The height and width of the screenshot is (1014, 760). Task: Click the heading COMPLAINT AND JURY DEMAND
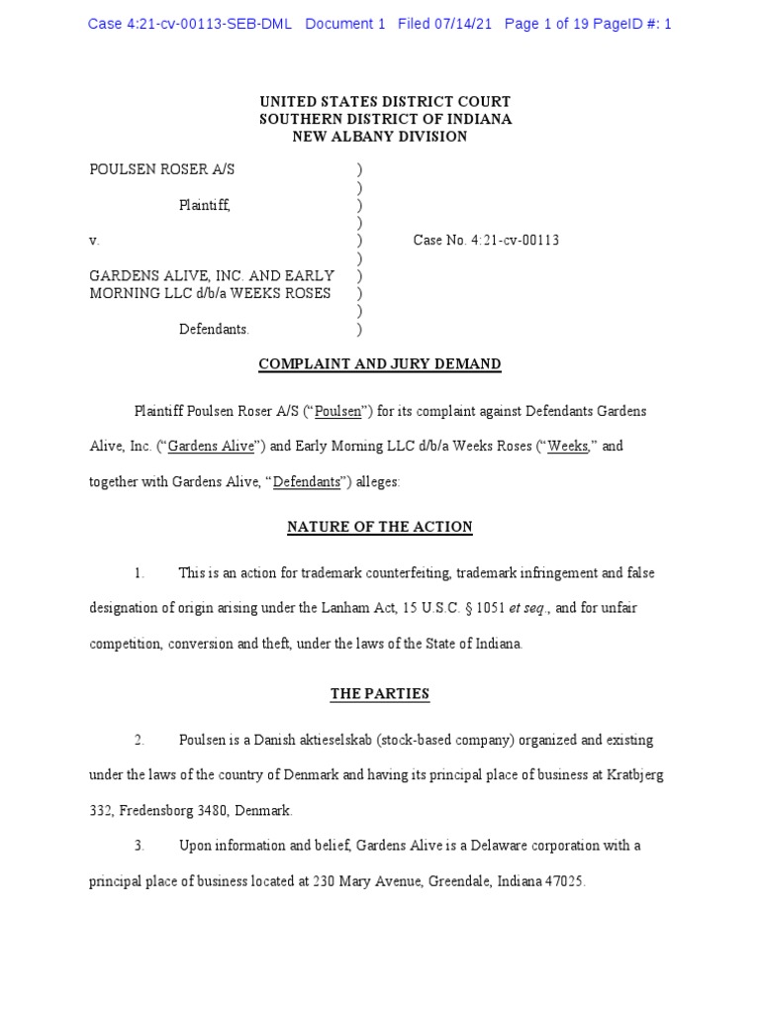coord(380,364)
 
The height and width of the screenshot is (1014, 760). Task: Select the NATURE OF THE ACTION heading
coord(380,528)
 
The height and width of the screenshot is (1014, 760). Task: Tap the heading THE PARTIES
coord(380,694)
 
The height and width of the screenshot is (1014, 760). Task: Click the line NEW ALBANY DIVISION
coord(380,137)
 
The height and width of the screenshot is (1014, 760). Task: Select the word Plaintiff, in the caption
coord(205,205)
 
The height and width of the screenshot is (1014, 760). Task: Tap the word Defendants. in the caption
coord(214,329)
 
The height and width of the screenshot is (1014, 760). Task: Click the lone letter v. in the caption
coord(94,241)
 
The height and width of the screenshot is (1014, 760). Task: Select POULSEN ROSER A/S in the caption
coord(162,169)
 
